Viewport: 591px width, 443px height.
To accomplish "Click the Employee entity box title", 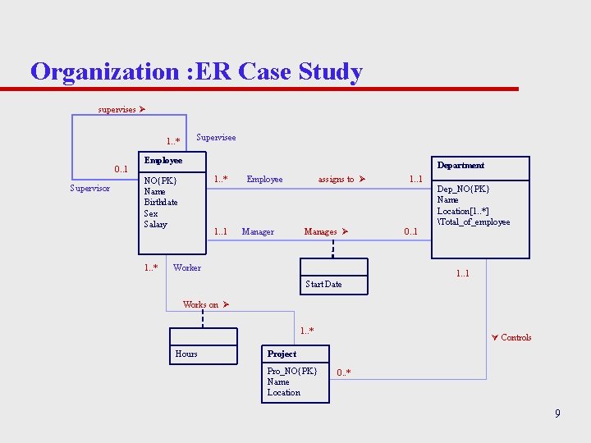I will [163, 160].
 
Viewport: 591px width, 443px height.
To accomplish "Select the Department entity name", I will [460, 165].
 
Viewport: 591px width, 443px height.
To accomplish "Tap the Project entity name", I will [282, 354].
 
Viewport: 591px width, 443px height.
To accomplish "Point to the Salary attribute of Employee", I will [156, 224].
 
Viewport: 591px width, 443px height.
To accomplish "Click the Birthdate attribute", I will [161, 202].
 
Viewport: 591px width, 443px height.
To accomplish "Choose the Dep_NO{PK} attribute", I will [463, 188].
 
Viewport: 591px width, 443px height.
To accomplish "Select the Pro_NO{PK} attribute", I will [291, 371].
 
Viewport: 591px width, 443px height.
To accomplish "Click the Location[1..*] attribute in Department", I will [463, 211].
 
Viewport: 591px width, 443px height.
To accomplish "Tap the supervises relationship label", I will [117, 109].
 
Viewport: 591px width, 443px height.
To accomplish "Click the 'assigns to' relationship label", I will [337, 179].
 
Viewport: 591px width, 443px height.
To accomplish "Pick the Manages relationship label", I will [321, 231].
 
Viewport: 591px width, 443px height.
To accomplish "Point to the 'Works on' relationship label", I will [201, 304].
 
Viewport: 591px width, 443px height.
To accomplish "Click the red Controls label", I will [515, 337].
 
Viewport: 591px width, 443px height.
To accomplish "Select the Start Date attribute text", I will [323, 284].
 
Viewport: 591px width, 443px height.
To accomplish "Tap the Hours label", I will [186, 354].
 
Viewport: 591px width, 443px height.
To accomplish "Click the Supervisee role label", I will [216, 137].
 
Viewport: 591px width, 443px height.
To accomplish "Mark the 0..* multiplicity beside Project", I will [344, 372].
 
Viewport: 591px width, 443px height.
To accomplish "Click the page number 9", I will [557, 413].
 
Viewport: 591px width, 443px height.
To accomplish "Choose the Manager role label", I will [258, 231].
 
